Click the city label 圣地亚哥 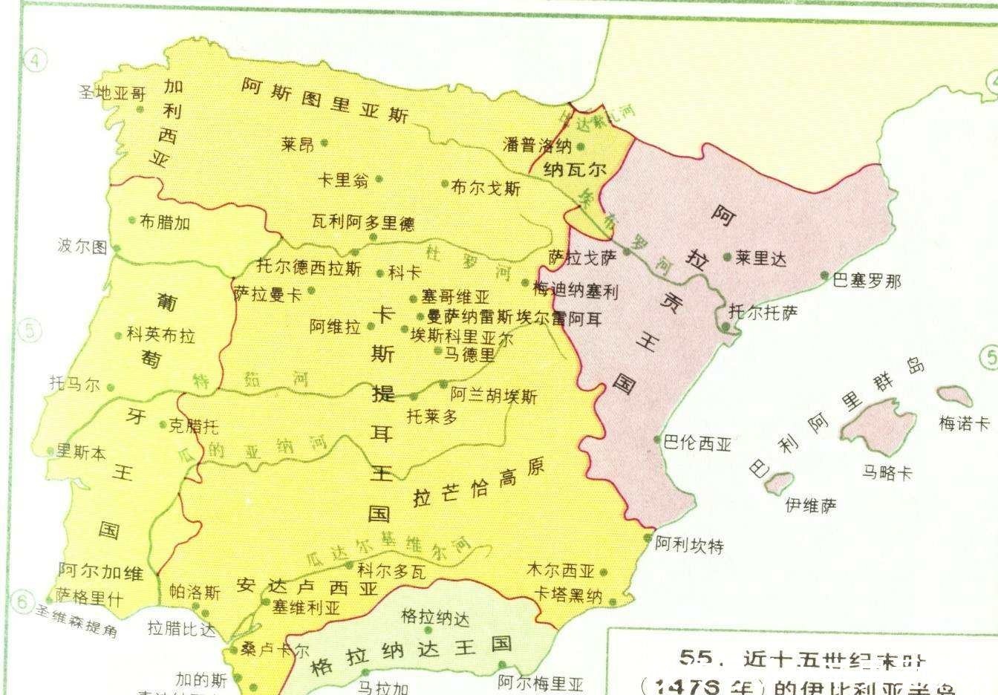[112, 93]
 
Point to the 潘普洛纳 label [536, 145]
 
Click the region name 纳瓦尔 [575, 169]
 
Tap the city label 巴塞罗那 [867, 281]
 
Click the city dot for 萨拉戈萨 [627, 252]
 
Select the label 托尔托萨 [763, 313]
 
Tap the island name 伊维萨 [811, 506]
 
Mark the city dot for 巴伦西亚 [657, 439]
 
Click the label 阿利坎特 [689, 546]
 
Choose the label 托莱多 [432, 417]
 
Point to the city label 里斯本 [82, 453]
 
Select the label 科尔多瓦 [391, 570]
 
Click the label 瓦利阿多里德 [363, 222]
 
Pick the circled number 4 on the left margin [35, 61]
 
